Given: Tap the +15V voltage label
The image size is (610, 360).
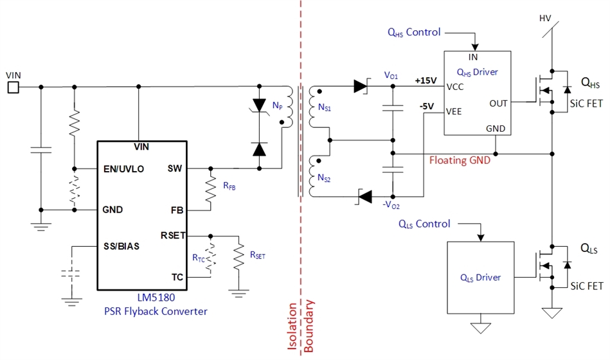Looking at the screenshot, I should coord(426,81).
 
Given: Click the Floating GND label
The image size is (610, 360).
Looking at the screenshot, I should coord(460,160).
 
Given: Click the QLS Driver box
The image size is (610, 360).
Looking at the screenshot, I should coord(480,277).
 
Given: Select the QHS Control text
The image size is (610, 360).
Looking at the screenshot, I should coord(413,32).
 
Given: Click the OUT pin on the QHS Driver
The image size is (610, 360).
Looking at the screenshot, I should coord(498,103).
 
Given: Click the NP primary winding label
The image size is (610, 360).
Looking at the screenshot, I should coord(277,105).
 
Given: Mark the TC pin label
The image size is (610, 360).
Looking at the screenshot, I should coord(178,277).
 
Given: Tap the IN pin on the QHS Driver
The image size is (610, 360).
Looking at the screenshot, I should coord(474,58).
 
